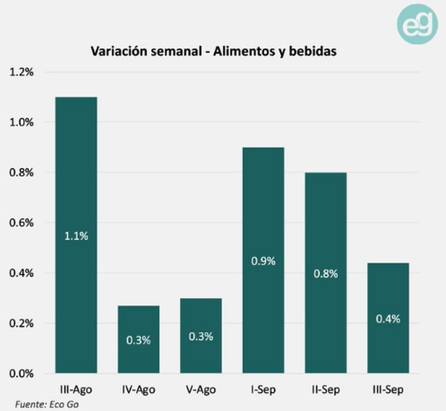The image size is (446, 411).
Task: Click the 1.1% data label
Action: tap(76, 236)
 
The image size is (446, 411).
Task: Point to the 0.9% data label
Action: tap(264, 261)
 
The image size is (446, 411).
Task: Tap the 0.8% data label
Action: tap(326, 274)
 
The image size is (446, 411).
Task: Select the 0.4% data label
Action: tap(388, 319)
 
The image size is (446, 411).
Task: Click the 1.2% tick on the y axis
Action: tap(21, 72)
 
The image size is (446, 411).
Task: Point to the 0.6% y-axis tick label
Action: tap(21, 223)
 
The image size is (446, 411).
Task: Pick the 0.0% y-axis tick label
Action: tap(21, 373)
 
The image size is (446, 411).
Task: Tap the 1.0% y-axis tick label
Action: tap(21, 122)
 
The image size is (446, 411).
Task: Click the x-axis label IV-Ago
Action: tap(138, 390)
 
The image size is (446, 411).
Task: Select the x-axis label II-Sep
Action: tap(326, 390)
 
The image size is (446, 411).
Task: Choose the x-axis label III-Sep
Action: tap(388, 390)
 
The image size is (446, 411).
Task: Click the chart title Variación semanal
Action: tap(214, 51)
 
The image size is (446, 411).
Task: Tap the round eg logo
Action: tap(417, 24)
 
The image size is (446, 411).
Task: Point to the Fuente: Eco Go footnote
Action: tap(46, 404)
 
